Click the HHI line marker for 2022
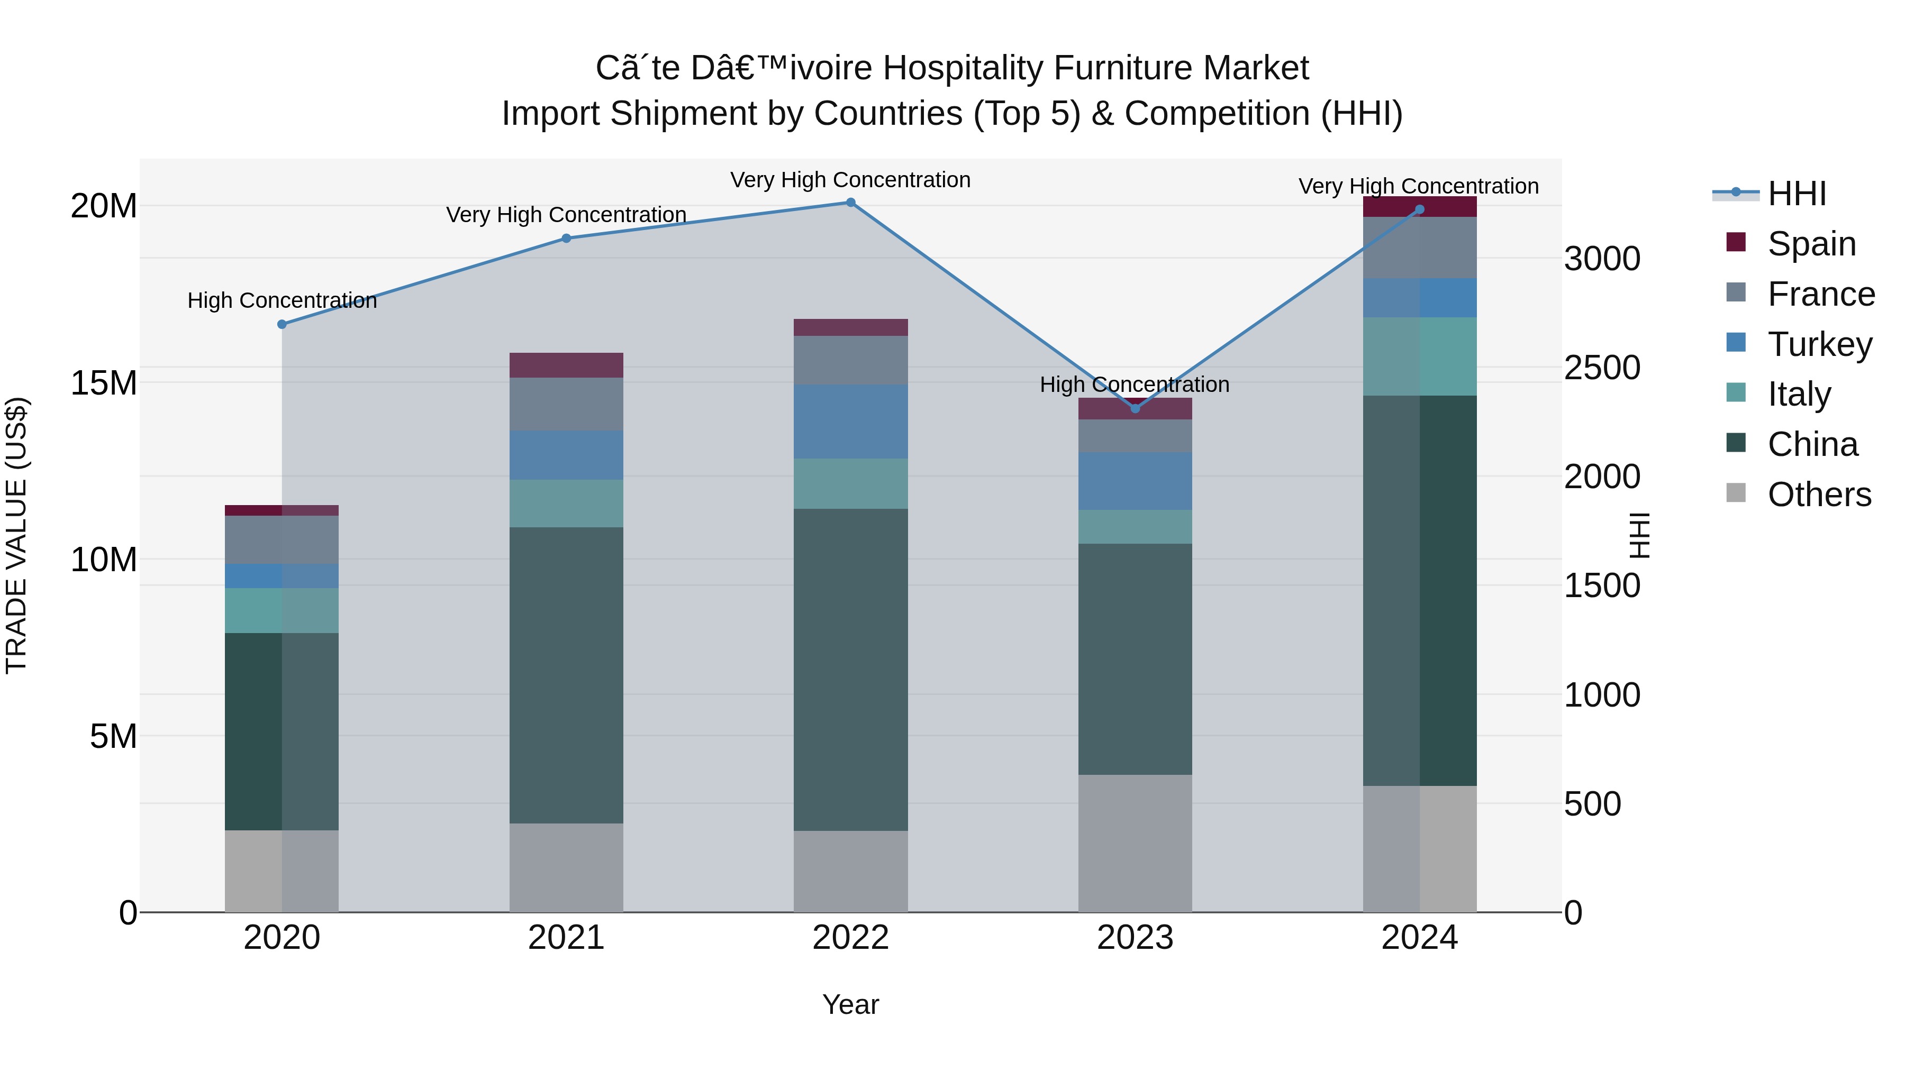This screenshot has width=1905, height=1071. pos(850,203)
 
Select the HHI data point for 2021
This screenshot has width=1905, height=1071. pos(566,238)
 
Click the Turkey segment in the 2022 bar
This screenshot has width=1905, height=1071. pos(850,422)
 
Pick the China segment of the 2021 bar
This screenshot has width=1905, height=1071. pos(566,674)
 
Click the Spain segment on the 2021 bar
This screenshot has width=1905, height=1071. pos(566,365)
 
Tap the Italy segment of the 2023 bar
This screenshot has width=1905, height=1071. pos(1135,526)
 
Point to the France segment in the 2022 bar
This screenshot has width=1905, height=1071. pos(850,360)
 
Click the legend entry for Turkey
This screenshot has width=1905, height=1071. pos(1819,344)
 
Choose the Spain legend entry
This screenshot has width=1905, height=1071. pos(1811,244)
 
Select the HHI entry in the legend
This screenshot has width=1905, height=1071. pos(1797,194)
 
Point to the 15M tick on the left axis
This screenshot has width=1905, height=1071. pos(104,383)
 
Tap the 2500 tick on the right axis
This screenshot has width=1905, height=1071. pos(1602,368)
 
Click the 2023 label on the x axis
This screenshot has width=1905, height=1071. pos(1135,938)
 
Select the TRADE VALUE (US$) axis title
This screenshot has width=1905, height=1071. pos(16,535)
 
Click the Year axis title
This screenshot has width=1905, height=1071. pos(850,1004)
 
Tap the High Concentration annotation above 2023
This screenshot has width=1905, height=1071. pos(1135,385)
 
